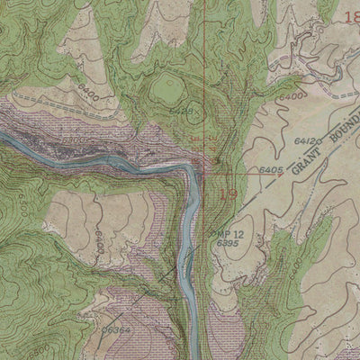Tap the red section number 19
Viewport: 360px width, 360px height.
229,193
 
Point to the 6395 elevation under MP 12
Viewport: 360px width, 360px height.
228,244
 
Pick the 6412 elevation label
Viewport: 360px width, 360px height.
304,143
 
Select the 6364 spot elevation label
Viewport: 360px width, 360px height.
113,330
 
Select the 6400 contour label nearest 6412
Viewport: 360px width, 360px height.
290,95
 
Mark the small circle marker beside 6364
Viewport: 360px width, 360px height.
102,329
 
